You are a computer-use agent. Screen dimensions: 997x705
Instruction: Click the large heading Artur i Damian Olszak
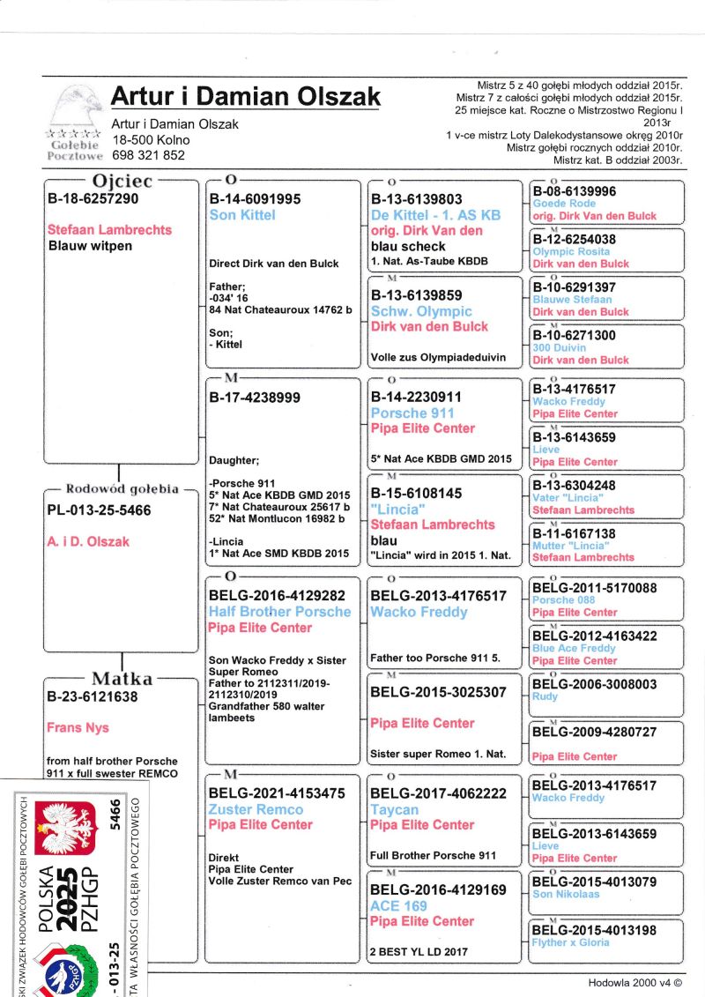point(246,96)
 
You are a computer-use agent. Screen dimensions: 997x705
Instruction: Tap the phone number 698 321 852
point(148,155)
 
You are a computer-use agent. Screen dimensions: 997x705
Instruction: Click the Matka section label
point(122,679)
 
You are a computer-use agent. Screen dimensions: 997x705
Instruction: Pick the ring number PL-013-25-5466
point(99,510)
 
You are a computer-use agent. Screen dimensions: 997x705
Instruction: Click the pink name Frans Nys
point(78,728)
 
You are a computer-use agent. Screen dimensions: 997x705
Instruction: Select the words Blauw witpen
point(90,246)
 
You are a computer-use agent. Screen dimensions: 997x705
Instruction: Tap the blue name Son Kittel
point(242,215)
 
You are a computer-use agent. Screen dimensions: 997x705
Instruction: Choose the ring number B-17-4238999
point(255,398)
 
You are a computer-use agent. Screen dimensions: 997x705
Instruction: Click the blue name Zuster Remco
point(256,809)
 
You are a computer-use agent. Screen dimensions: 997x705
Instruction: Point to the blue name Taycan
point(395,809)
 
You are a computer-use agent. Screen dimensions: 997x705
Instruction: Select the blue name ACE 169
point(398,905)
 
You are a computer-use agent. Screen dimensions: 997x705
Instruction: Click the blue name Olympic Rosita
point(571,251)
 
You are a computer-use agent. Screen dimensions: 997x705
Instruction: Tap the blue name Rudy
point(545,696)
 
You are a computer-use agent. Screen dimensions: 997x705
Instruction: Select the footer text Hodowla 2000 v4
point(634,982)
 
